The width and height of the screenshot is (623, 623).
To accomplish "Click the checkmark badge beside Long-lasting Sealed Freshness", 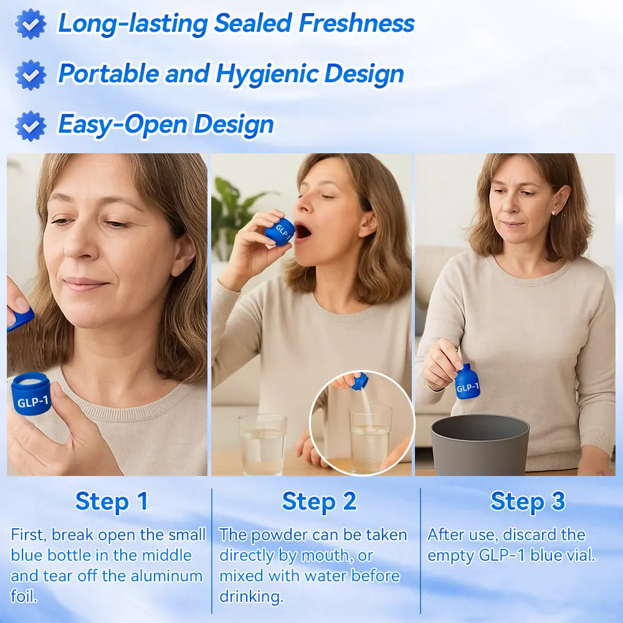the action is point(31,24).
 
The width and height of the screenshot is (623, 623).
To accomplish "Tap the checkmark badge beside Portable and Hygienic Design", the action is point(31,75).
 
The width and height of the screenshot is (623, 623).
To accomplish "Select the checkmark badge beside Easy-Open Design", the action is point(31,126).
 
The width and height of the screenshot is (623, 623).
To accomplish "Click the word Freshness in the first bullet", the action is point(356,23).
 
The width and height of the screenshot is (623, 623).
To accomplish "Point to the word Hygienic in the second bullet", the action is point(267,74).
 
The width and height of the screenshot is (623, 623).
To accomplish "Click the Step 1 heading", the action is point(112,502).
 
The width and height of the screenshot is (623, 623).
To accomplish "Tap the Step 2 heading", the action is point(319,502).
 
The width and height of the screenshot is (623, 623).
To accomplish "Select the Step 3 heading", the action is point(528,502).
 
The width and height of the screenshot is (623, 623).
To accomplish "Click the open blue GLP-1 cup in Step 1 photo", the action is point(31,394).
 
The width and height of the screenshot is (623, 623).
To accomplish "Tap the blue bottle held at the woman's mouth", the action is point(280,231).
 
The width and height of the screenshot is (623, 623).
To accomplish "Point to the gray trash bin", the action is point(480,445).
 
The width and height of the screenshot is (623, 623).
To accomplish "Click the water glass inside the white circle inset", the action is point(370,438).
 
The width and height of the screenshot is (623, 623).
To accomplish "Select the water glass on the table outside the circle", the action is point(263,444).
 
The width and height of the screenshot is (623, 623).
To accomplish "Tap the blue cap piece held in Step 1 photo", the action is point(20,318).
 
